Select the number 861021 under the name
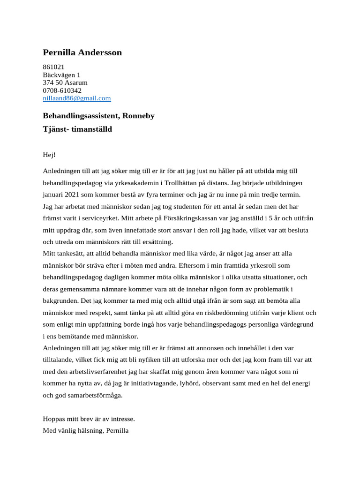pyautogui.click(x=53, y=67)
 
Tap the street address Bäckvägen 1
pyautogui.click(x=61, y=75)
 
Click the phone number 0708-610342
pyautogui.click(x=62, y=90)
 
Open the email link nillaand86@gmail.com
pyautogui.click(x=77, y=98)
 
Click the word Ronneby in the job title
pyautogui.click(x=138, y=115)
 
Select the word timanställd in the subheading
pyautogui.click(x=92, y=129)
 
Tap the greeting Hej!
pyautogui.click(x=49, y=155)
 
